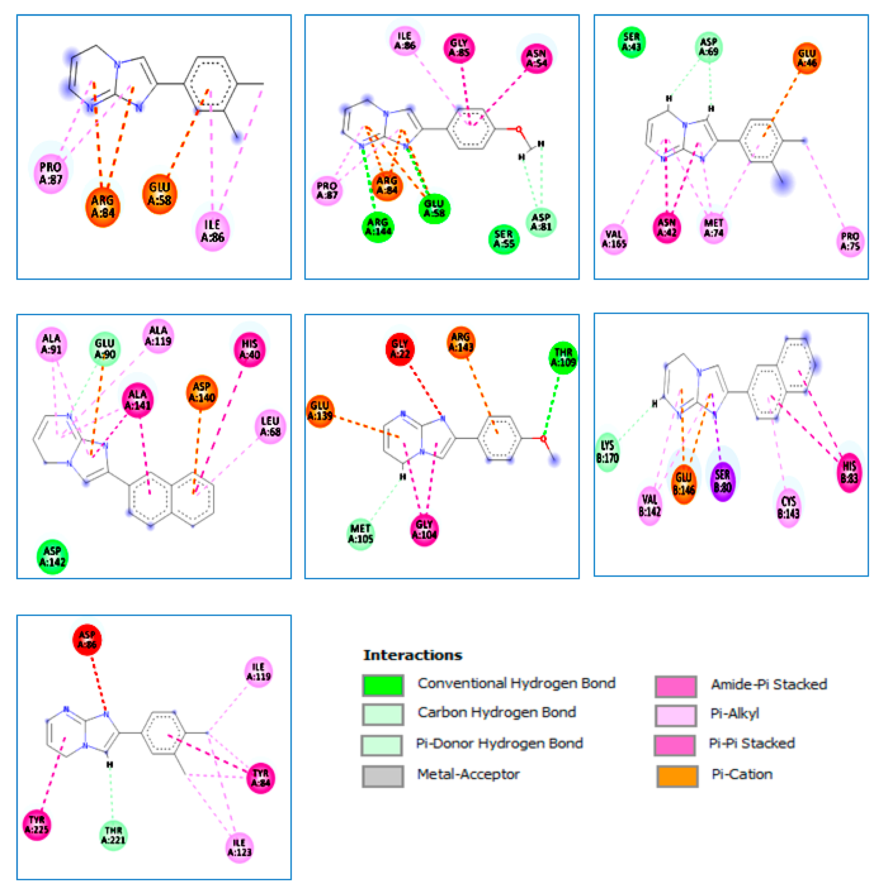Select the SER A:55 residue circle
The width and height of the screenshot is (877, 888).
tap(504, 239)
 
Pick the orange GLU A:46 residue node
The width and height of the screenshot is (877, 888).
tap(807, 58)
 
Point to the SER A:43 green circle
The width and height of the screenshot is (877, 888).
tap(631, 42)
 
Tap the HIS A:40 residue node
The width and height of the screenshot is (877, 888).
tap(250, 349)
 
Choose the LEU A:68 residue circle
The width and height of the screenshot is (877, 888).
tap(270, 426)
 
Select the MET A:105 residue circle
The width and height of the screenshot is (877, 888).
tap(360, 534)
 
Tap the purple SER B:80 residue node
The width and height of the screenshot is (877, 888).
tap(722, 481)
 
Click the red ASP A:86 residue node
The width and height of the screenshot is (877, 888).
tap(87, 639)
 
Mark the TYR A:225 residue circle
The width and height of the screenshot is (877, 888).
tap(37, 824)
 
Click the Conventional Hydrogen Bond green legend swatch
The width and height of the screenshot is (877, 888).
tap(383, 685)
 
